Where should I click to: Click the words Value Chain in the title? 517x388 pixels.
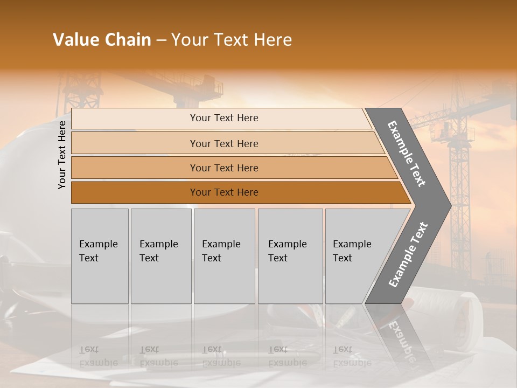pos(102,40)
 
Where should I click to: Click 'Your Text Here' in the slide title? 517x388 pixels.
pos(232,40)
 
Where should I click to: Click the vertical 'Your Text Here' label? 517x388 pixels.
pos(62,155)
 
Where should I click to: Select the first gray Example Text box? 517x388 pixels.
pos(100,256)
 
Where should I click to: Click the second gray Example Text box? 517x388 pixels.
pos(160,256)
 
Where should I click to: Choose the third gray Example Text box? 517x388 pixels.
pos(224,256)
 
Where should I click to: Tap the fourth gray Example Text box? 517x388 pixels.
pos(290,256)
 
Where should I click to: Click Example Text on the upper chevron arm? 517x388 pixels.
pos(407,154)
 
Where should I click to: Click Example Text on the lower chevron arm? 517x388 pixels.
pos(408,255)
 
